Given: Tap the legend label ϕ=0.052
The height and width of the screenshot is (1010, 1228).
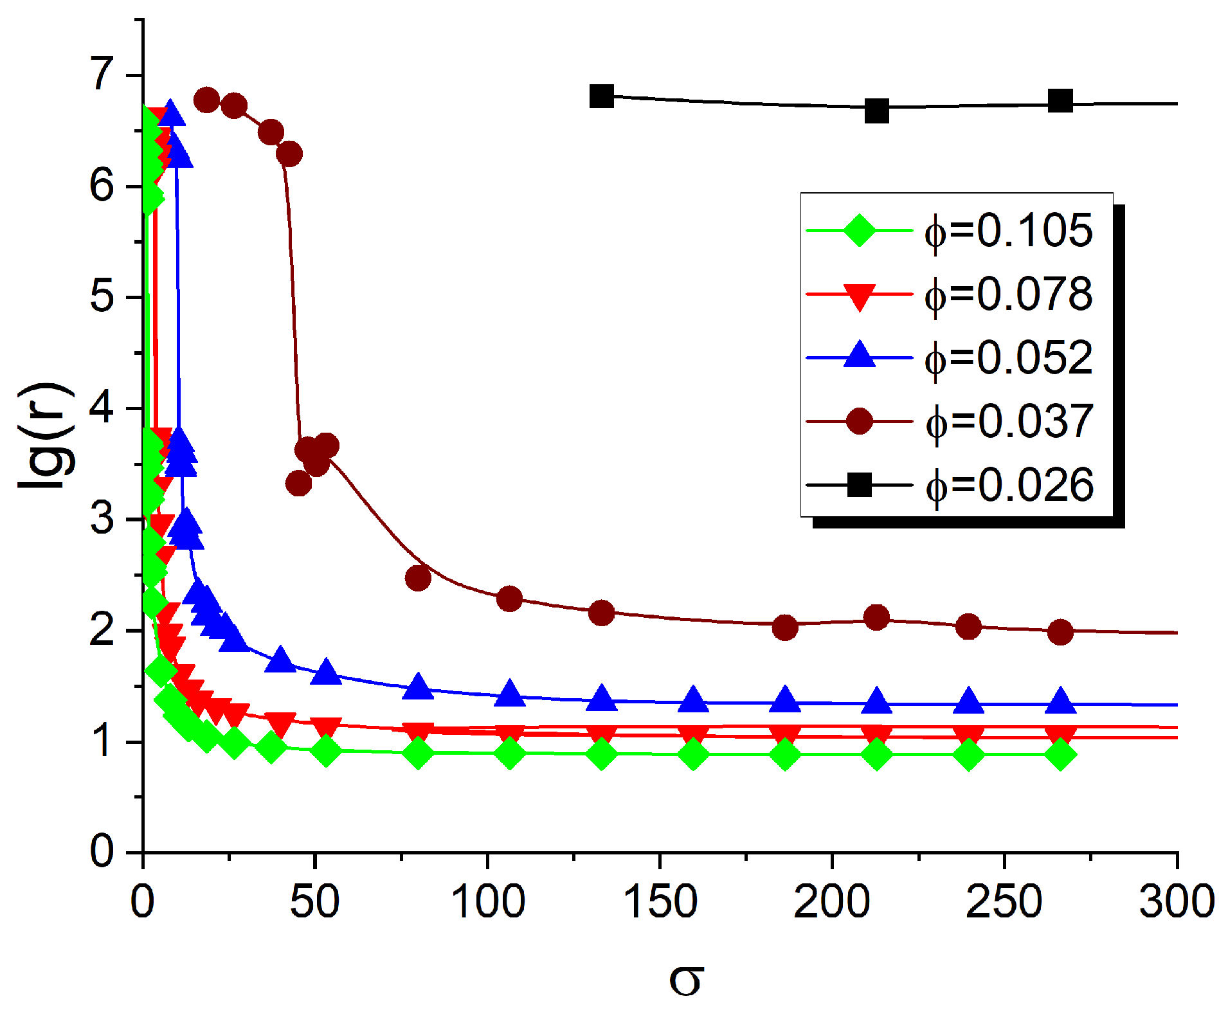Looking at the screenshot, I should coord(1008,357).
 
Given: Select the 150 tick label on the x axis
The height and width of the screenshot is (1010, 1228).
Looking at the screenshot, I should coord(660,901).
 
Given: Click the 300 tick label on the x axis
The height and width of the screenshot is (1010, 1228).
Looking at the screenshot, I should coord(1177,901).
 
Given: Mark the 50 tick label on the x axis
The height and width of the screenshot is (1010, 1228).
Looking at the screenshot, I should coord(314,901).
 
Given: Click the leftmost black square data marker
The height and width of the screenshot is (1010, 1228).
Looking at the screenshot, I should coord(601,96).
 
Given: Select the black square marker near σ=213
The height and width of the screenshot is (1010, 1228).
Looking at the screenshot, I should coord(876,111).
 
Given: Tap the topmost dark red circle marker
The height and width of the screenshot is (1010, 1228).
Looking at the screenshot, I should coord(206,100).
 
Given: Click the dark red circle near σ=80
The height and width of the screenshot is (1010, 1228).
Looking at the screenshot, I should coord(418,578).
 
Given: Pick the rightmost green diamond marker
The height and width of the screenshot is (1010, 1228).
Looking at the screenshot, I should coord(1060,754).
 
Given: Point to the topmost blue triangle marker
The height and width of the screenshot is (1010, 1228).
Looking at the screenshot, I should coord(170,113).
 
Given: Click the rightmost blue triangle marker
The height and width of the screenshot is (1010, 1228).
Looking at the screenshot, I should coord(1060,701).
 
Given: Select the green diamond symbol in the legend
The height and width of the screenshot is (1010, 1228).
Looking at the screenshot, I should coord(859,230).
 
